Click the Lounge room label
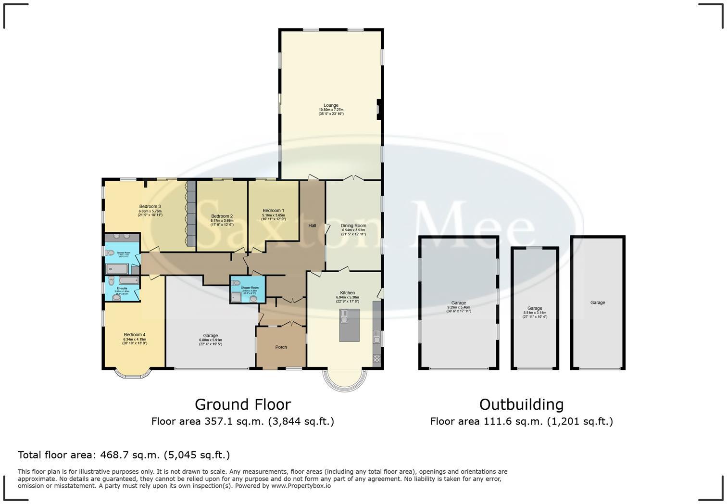(331, 105)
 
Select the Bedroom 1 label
(273, 211)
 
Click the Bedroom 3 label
(150, 206)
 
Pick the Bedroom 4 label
(134, 335)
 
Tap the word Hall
(312, 226)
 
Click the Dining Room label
(353, 226)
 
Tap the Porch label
(281, 347)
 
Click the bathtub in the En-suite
(128, 280)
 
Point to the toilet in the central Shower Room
(253, 299)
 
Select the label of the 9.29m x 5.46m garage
(458, 303)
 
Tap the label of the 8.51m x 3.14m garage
(535, 308)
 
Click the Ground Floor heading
(242, 404)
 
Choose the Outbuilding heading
(521, 404)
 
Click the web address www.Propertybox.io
(301, 486)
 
